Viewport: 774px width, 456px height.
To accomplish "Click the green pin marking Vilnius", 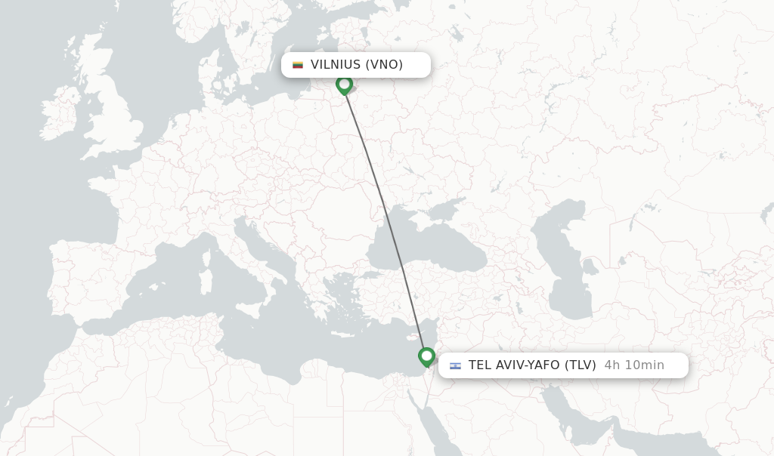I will pos(345,84).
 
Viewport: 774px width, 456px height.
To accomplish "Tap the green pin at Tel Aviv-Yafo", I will pos(426,356).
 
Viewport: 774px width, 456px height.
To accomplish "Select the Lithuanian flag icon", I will pos(298,65).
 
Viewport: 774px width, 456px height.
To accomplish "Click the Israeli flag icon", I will pos(455,365).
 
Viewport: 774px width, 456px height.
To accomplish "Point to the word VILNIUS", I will pos(335,65).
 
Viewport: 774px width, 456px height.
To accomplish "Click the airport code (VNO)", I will pos(384,65).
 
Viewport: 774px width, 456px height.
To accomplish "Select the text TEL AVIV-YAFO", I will pos(513,365).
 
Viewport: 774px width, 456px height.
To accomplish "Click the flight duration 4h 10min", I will pos(634,365).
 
